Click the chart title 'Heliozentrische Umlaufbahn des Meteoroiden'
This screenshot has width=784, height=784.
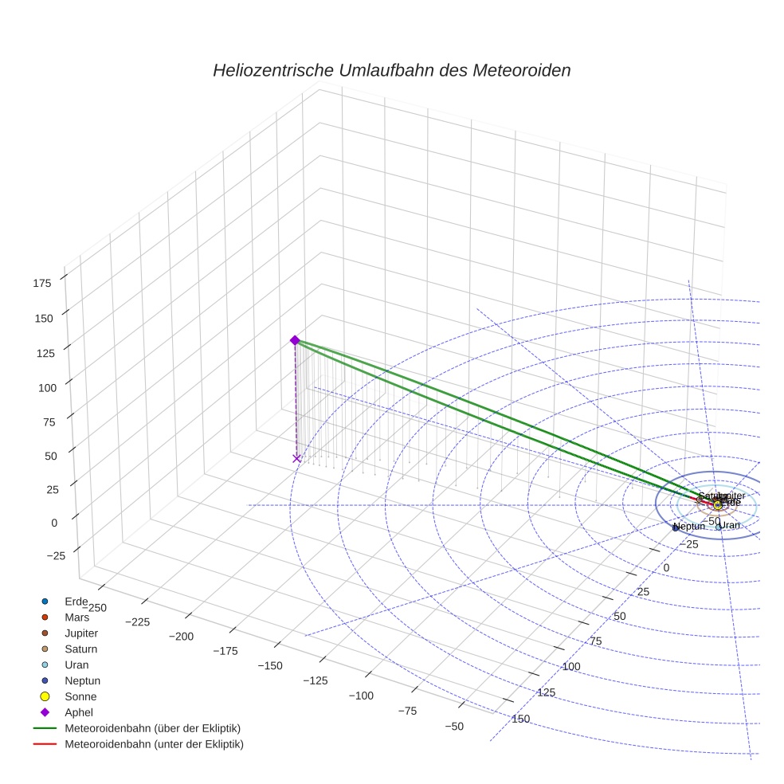click(x=391, y=70)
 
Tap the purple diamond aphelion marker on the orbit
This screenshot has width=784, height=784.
click(x=294, y=340)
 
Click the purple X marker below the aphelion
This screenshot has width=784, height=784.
click(x=296, y=458)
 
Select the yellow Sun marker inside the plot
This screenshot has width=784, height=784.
click(x=718, y=505)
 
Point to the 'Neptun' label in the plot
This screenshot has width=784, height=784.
click(x=689, y=527)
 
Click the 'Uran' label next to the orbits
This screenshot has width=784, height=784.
click(x=729, y=525)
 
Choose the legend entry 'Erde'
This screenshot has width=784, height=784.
click(x=76, y=601)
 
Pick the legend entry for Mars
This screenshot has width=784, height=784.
click(x=76, y=617)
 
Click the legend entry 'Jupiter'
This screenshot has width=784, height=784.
click(x=81, y=633)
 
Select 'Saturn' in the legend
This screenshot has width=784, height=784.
click(x=80, y=649)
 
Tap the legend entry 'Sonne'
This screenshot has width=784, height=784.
click(x=80, y=696)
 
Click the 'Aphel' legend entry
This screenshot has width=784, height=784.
click(x=79, y=712)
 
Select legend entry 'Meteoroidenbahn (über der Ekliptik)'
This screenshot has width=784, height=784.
click(x=152, y=728)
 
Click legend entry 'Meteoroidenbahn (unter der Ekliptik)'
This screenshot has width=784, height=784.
click(x=154, y=744)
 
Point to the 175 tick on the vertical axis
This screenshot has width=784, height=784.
click(x=43, y=282)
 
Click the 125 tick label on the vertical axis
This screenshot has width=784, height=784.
click(x=43, y=353)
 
